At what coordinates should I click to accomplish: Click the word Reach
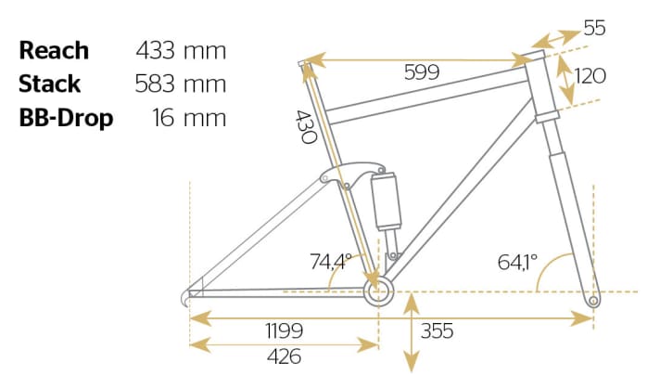(54, 50)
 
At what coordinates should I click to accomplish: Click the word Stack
(50, 84)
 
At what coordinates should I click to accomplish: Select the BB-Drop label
(67, 119)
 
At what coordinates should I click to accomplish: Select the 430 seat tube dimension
(307, 126)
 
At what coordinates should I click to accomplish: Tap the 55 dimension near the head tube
(594, 30)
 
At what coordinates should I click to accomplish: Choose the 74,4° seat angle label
(328, 262)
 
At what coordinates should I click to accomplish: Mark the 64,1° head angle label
(517, 262)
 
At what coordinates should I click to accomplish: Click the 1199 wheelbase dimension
(284, 330)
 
